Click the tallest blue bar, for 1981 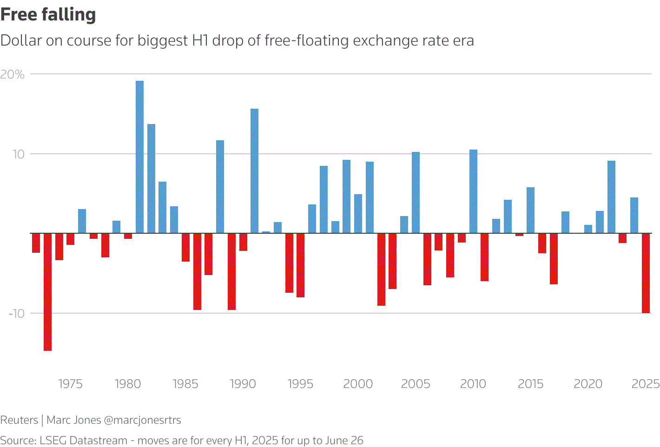139,157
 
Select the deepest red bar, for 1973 47,291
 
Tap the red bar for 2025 646,273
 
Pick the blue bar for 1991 254,171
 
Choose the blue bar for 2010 473,191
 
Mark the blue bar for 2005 416,192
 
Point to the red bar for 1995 300,265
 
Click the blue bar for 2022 611,197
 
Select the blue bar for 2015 530,210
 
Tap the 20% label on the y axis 12,74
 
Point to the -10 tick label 16,314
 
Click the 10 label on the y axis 18,154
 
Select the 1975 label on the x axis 70,384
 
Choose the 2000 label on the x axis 358,384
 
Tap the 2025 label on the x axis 646,384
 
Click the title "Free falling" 48,14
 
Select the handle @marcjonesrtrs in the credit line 142,420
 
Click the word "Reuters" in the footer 19,420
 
